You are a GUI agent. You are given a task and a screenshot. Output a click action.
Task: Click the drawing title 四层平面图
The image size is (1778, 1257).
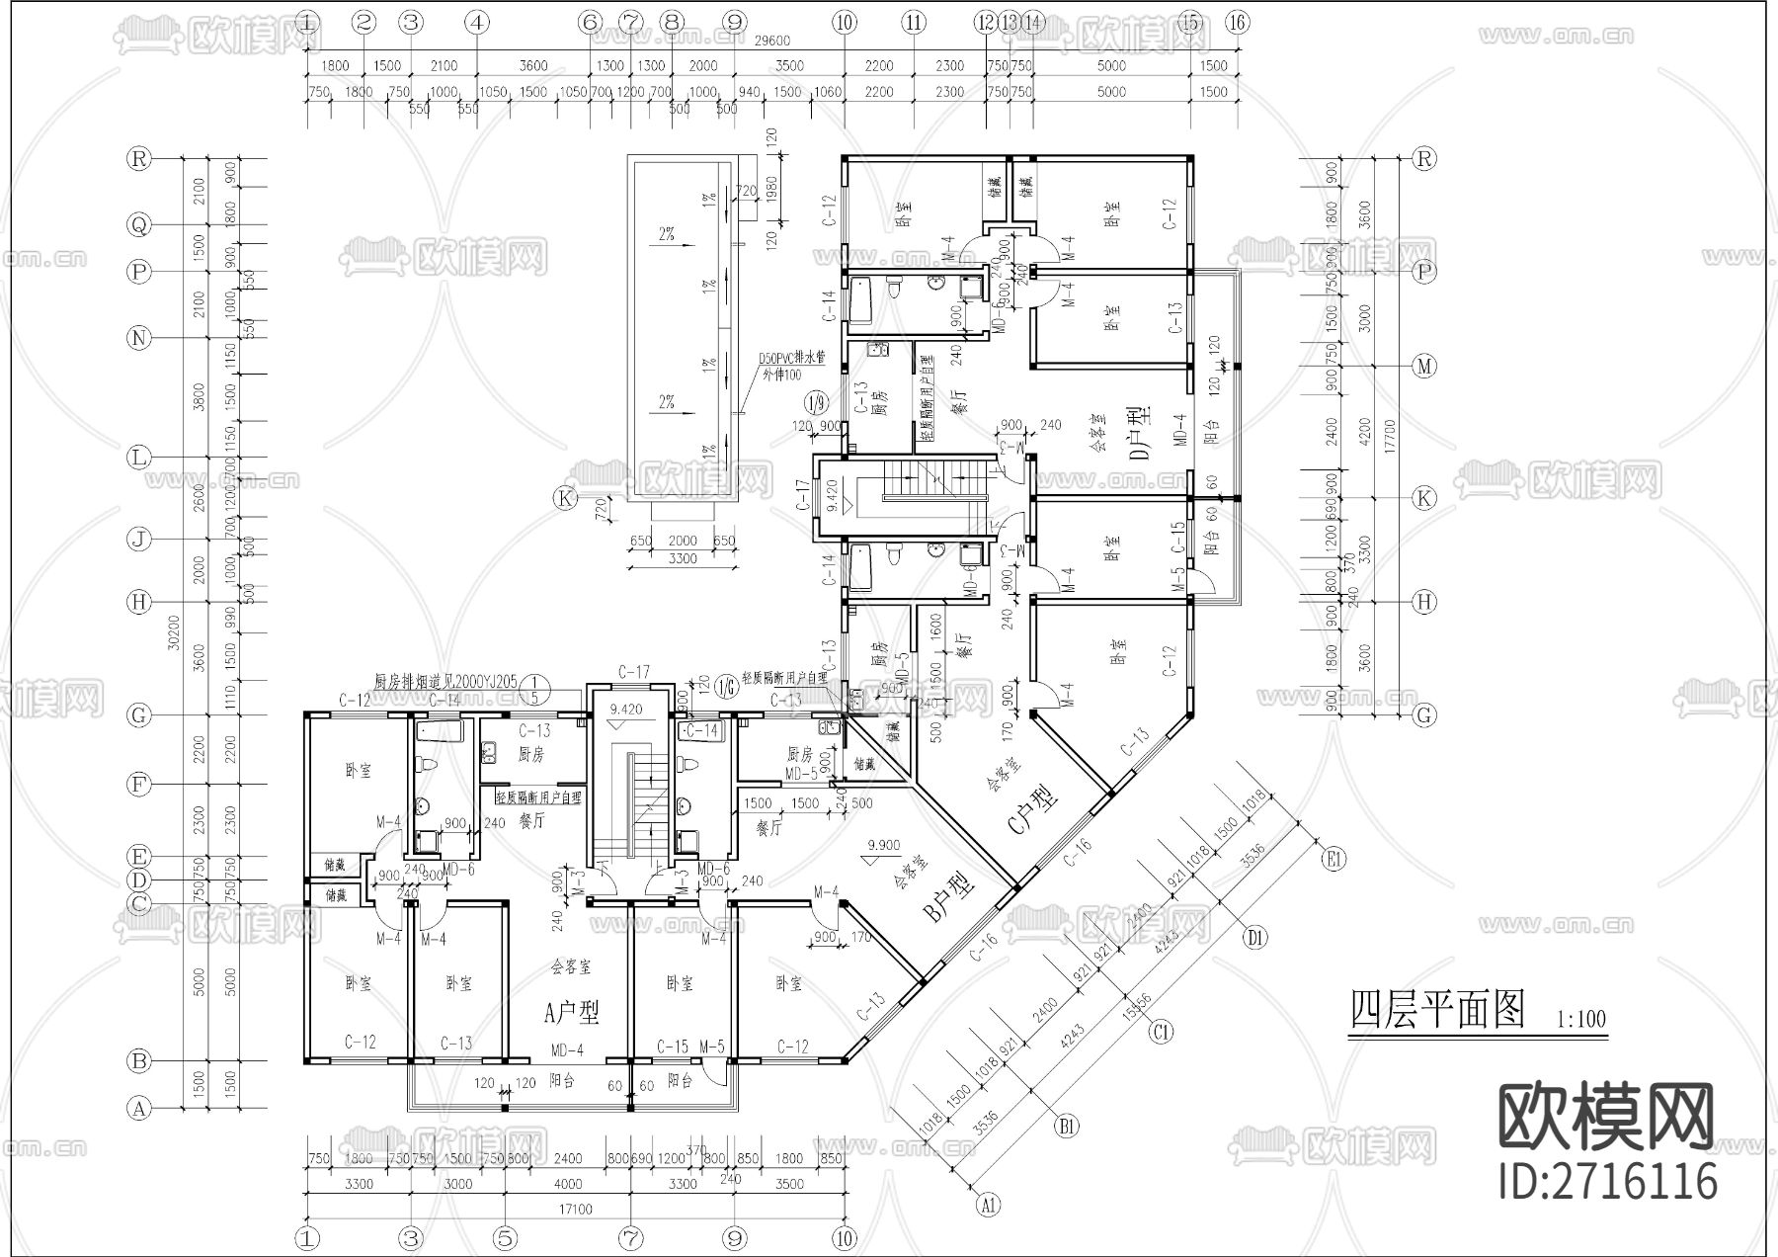pos(1437,1010)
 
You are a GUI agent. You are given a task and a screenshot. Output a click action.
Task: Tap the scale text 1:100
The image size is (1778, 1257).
pos(1580,1019)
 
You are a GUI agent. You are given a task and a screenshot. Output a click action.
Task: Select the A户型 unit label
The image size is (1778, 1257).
pos(572,1011)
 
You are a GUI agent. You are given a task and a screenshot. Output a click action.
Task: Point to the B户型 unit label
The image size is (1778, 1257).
pos(949,896)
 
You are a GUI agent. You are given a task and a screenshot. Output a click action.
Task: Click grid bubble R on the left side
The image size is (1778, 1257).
pos(139,158)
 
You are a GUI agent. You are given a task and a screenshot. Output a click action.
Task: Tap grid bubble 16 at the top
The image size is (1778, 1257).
pos(1238,22)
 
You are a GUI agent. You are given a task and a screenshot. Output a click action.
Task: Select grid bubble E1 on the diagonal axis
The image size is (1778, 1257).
pos(1334,860)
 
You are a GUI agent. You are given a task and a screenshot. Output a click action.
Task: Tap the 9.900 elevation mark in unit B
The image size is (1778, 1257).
pos(883,845)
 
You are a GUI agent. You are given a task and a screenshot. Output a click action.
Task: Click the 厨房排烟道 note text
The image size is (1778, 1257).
pos(445,681)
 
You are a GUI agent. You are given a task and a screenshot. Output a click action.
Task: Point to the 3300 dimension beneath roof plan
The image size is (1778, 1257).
pos(682,559)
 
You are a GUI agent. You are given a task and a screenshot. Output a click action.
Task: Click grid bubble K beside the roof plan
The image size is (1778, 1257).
pos(565,498)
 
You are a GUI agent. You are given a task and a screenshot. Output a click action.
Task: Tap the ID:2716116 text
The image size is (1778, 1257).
pos(1607,1180)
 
